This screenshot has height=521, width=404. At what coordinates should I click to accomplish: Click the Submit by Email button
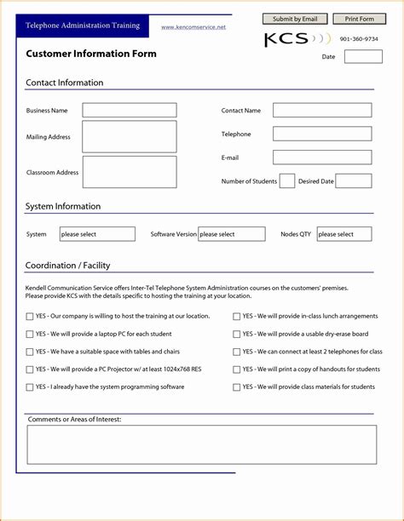coord(295,19)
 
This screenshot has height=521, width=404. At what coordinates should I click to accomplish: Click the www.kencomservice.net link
coord(193,27)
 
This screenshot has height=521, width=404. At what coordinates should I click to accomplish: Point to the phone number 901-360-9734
coord(359,39)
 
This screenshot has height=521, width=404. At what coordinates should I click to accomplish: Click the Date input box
coord(363,57)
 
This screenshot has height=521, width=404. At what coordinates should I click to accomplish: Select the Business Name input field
coord(130,110)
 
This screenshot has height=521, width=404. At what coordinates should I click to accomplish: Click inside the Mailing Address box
coord(130,136)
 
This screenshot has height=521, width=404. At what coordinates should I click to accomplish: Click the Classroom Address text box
coord(130,172)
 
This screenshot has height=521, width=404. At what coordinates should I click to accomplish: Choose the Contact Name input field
coord(322,110)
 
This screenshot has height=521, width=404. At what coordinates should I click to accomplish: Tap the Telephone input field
coord(322,134)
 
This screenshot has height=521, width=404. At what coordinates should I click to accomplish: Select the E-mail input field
coord(322,157)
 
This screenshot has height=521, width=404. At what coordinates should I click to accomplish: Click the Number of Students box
coord(287,180)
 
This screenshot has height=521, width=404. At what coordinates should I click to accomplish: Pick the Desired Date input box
coord(354,180)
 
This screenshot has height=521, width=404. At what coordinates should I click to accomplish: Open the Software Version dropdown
coord(232,234)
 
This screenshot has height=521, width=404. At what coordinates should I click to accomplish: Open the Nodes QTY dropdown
coord(344,234)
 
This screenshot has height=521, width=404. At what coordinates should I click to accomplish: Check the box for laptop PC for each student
coord(31,335)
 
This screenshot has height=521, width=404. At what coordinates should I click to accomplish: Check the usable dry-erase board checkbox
coord(237,335)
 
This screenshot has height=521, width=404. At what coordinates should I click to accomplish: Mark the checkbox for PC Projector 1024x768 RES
coord(31,369)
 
